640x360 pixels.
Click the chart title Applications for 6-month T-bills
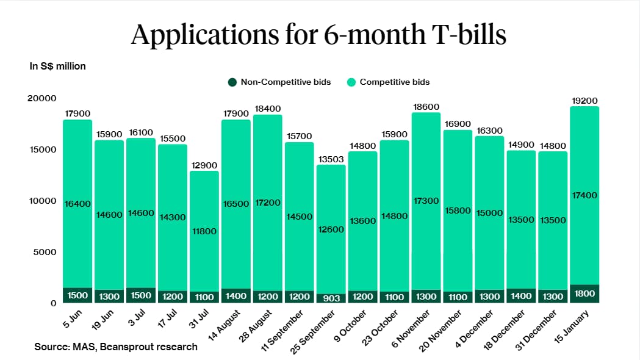[319, 35]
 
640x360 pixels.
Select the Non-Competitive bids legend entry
[280, 82]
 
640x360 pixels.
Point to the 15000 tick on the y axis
[44, 149]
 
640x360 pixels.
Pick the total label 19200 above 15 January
[584, 101]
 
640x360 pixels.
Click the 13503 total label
[331, 159]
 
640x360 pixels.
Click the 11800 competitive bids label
[204, 231]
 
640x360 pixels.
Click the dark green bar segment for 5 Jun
[77, 295]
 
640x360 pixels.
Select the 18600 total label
[426, 107]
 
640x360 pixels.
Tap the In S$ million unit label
[58, 66]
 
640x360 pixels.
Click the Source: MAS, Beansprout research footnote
[116, 347]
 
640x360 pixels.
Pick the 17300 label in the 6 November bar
[426, 201]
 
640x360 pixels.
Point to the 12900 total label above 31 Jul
[204, 165]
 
